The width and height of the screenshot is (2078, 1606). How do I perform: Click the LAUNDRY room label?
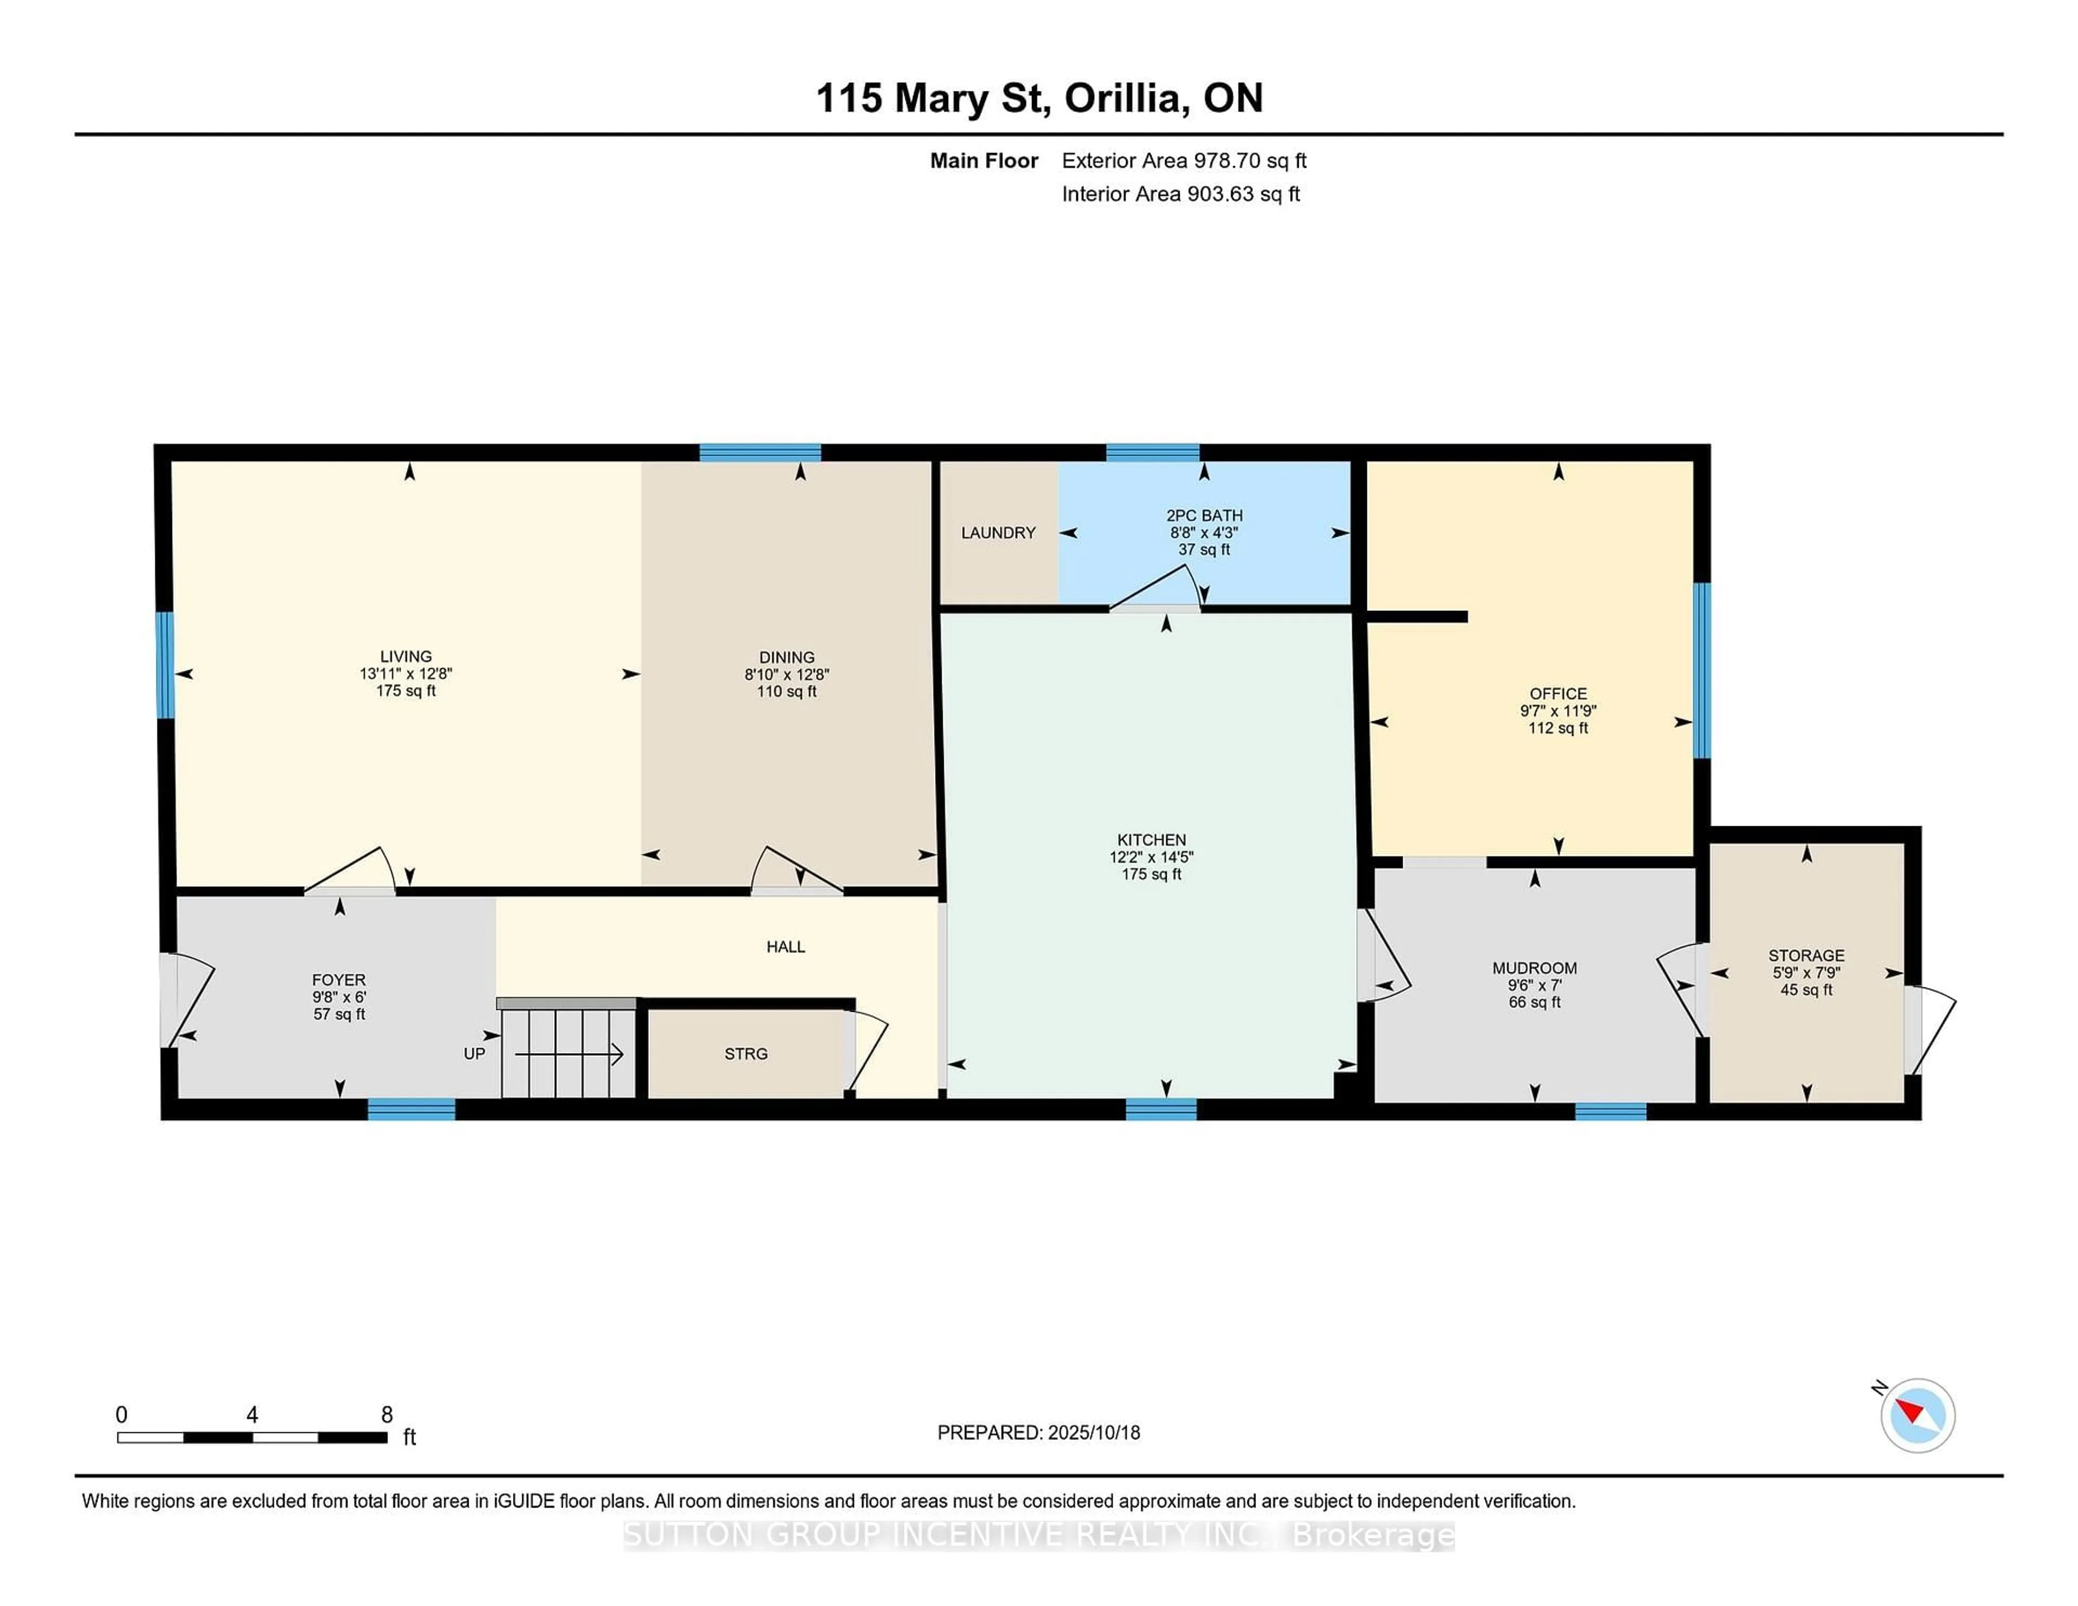point(997,533)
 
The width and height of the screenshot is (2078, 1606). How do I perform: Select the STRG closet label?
point(745,1054)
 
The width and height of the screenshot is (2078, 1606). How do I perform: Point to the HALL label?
point(785,947)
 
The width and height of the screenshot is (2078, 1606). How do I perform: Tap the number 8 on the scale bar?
point(386,1415)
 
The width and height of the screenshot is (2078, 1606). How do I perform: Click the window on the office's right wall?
point(1701,670)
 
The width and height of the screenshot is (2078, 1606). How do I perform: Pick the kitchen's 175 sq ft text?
point(1151,874)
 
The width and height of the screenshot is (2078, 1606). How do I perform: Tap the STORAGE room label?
point(1806,955)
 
